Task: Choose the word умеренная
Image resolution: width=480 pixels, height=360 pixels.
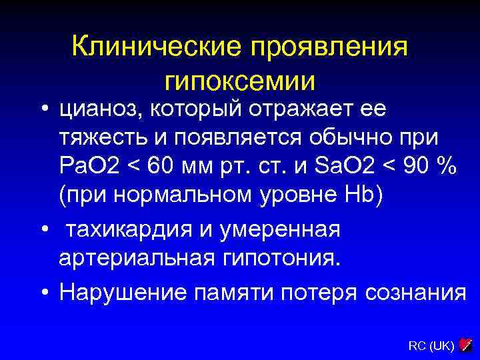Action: (281, 229)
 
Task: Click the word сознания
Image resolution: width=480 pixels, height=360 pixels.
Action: (414, 292)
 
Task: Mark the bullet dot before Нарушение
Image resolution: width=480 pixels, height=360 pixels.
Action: (43, 293)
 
